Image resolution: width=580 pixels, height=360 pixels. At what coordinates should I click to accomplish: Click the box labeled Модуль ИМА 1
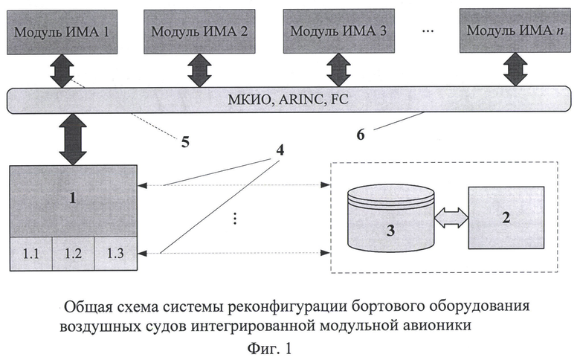pyautogui.click(x=62, y=32)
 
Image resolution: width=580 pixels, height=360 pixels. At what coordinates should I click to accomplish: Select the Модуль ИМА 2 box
pyautogui.click(x=199, y=31)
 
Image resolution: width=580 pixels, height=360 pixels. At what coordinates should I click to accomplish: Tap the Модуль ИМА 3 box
pyautogui.click(x=339, y=31)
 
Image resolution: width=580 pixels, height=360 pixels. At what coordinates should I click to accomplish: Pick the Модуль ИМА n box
pyautogui.click(x=515, y=30)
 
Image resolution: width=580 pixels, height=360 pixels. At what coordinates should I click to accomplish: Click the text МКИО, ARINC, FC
pyautogui.click(x=288, y=100)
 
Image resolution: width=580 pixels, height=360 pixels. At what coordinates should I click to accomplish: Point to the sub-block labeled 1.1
pyautogui.click(x=31, y=254)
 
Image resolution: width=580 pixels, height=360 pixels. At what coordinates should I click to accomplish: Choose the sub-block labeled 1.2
pyautogui.click(x=73, y=254)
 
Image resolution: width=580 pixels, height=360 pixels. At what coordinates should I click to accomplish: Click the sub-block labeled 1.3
pyautogui.click(x=115, y=254)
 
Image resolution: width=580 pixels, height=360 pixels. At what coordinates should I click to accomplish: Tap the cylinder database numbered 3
pyautogui.click(x=390, y=219)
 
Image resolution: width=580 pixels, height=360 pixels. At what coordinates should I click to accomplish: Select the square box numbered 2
pyautogui.click(x=506, y=217)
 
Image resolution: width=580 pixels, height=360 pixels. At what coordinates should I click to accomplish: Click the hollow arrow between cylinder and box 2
pyautogui.click(x=451, y=217)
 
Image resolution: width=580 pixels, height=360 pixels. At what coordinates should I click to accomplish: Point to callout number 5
pyautogui.click(x=185, y=142)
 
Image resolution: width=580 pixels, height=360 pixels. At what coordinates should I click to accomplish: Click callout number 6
pyautogui.click(x=361, y=135)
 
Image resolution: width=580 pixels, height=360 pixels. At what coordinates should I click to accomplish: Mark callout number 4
pyautogui.click(x=280, y=150)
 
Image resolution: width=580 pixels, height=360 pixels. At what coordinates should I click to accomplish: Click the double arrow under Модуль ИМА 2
pyautogui.click(x=199, y=71)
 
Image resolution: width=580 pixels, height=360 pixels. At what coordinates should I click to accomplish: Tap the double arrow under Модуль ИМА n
pyautogui.click(x=515, y=70)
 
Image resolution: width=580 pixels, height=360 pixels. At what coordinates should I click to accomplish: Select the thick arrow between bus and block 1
pyautogui.click(x=73, y=139)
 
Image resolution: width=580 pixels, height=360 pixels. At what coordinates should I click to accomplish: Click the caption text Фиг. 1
pyautogui.click(x=269, y=349)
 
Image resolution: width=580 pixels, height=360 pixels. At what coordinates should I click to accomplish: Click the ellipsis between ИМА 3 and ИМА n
pyautogui.click(x=428, y=31)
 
